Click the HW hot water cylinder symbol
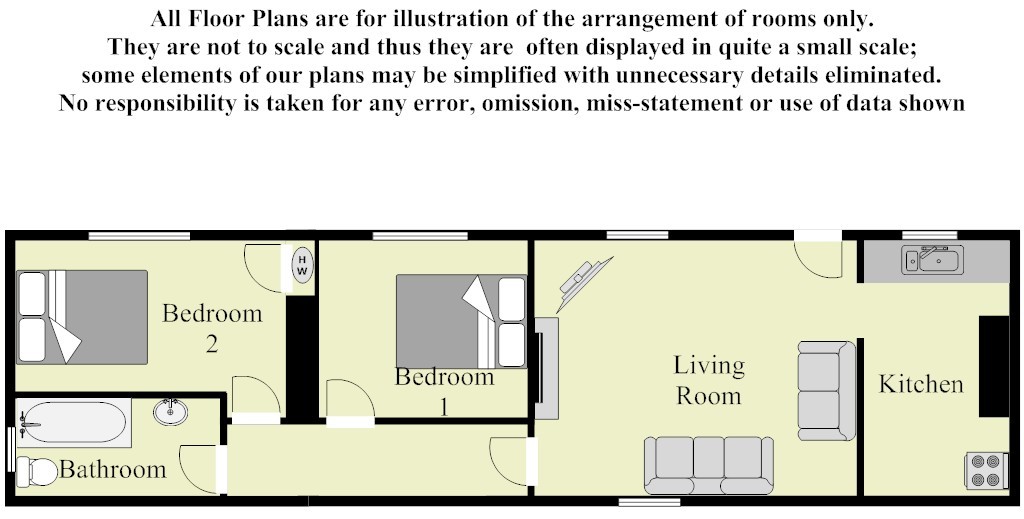tap(302, 265)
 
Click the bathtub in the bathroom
tap(72, 423)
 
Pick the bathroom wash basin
tap(170, 411)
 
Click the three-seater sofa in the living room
tap(709, 465)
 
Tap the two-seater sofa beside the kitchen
tap(826, 390)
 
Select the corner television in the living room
tap(583, 283)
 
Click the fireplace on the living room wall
tap(547, 368)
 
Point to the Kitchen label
tap(921, 384)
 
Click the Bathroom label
tap(112, 469)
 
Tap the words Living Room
tap(709, 380)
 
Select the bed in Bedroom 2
tap(82, 317)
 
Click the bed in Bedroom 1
tap(461, 321)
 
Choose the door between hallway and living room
tap(513, 462)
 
